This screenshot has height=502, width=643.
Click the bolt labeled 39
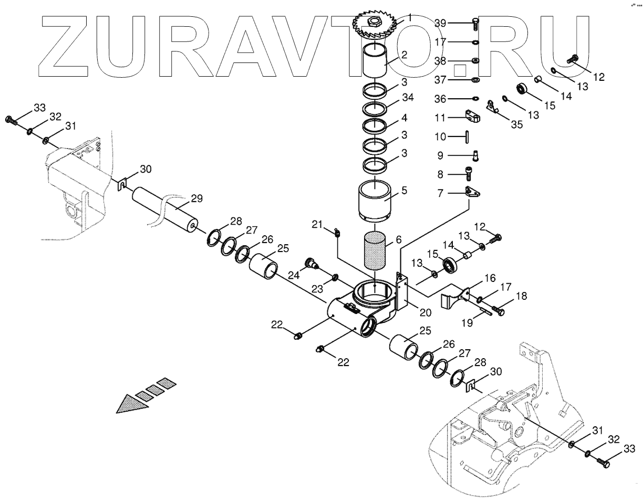pos(474,23)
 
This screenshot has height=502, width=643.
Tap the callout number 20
pos(425,312)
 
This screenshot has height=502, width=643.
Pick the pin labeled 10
pos(466,136)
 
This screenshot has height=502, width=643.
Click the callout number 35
pos(517,124)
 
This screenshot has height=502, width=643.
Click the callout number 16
pos(490,278)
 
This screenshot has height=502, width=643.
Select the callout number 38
pos(440,61)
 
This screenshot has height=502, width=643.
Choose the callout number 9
pos(440,155)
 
